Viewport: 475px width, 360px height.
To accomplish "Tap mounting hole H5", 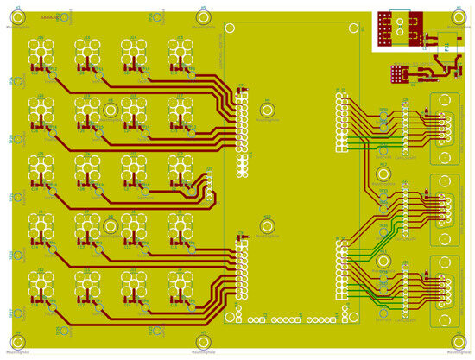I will click(x=204, y=16).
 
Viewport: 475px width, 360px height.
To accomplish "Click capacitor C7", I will click(x=240, y=86).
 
